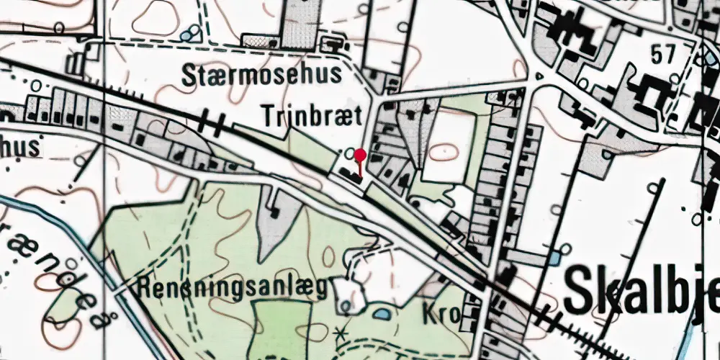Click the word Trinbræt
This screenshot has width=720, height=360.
307,115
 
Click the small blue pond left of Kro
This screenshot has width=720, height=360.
379,315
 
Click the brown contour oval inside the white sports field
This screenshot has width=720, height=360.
445,152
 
